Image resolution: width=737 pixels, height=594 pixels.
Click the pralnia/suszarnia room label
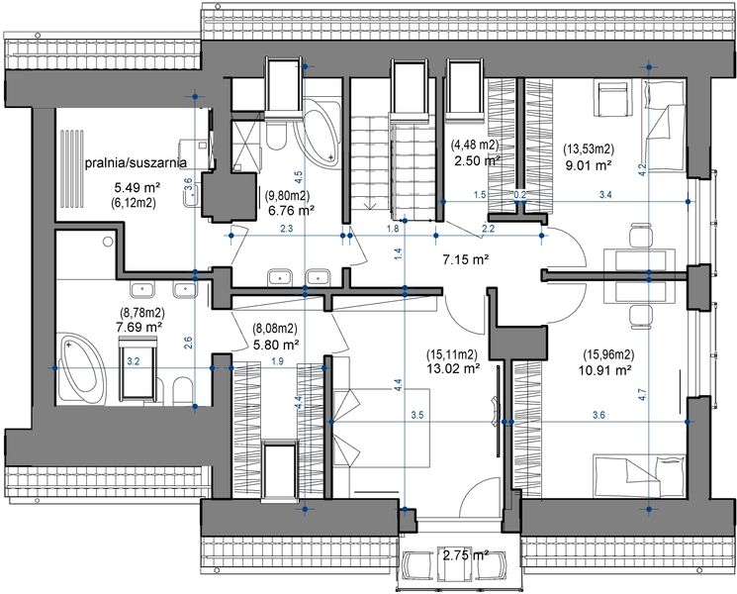click(x=136, y=162)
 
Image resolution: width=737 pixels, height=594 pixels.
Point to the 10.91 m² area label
click(x=604, y=370)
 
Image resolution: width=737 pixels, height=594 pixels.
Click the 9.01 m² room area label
click(x=588, y=164)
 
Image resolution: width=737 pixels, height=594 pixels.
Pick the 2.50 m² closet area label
click(x=477, y=160)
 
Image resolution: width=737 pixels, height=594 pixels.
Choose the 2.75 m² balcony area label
click(x=466, y=555)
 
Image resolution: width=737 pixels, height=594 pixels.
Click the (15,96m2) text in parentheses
click(x=608, y=354)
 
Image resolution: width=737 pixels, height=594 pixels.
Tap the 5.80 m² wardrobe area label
click(x=276, y=345)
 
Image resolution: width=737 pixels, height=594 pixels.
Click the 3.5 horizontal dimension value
click(x=416, y=415)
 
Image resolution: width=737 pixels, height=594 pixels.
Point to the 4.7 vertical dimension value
click(x=643, y=394)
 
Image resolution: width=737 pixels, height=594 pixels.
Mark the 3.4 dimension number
click(x=605, y=194)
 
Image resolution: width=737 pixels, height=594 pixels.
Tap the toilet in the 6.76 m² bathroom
click(x=276, y=135)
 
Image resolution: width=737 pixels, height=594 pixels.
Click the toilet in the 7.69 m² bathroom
click(x=183, y=391)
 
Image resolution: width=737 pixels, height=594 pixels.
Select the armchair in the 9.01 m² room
click(x=611, y=99)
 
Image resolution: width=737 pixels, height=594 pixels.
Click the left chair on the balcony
click(x=417, y=564)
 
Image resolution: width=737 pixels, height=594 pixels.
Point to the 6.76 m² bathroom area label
click(x=292, y=210)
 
